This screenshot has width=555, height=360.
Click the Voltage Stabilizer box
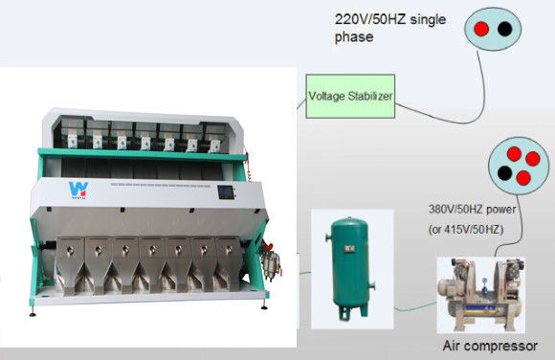tap(350, 96)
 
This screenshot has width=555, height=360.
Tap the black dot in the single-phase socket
tap(504, 29)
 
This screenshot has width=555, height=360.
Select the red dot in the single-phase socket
tap(481, 29)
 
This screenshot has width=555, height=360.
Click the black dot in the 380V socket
tap(504, 173)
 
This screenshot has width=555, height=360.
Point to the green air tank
tap(351, 269)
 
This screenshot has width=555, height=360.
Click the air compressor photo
tap(481, 295)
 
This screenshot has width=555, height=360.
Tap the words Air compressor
tap(490, 346)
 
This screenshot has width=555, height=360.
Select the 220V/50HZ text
tap(370, 19)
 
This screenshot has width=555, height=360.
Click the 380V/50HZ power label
tap(472, 209)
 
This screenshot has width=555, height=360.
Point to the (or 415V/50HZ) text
tap(466, 230)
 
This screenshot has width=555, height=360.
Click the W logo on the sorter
tap(78, 190)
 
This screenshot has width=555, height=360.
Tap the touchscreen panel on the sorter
tap(226, 192)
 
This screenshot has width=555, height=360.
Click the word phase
tap(354, 37)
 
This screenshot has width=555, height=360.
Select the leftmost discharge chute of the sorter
tap(71, 266)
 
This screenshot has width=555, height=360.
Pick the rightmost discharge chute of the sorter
tap(229, 264)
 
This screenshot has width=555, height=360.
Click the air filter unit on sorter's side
tap(271, 264)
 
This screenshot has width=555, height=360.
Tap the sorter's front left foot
tap(33, 312)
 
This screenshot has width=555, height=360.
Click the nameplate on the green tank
tap(349, 249)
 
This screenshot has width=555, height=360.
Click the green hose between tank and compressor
tap(415, 307)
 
